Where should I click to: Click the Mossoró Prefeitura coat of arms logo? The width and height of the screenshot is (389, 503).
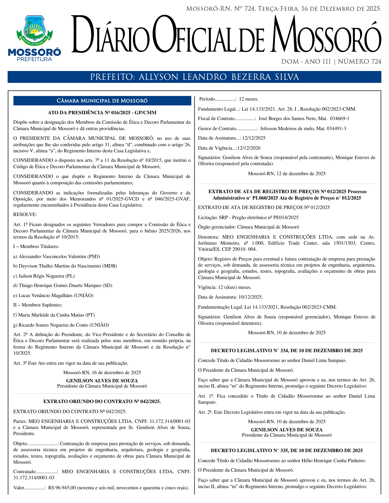point(34,38)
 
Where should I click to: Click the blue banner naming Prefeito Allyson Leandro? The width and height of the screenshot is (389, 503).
point(194,77)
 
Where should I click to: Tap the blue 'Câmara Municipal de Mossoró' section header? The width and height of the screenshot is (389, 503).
point(102,101)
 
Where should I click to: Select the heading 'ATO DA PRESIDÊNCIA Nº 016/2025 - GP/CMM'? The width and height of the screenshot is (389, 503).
point(102,113)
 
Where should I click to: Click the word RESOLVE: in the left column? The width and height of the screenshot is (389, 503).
point(25,214)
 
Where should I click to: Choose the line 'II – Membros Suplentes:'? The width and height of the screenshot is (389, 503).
point(38,305)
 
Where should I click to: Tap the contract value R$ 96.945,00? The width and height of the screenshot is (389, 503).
point(62,488)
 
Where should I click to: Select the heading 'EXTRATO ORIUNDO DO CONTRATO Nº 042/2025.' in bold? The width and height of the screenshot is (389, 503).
point(102,402)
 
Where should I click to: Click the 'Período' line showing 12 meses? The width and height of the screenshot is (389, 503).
point(229,99)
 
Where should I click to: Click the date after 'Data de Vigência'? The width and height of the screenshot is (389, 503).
point(249,148)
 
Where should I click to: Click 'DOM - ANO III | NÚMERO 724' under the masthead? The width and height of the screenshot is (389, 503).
point(331,62)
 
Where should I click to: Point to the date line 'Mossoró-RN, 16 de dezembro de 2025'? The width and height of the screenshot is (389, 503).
point(102,373)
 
